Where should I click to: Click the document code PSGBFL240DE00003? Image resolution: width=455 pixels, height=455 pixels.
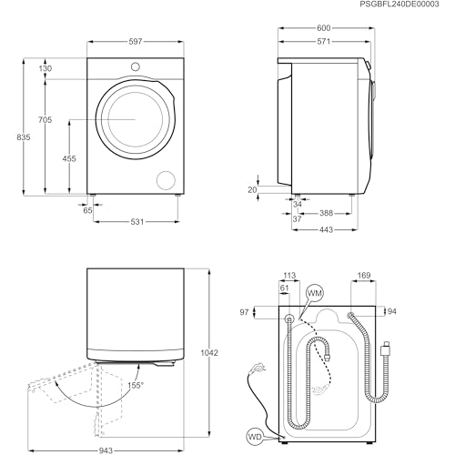399,5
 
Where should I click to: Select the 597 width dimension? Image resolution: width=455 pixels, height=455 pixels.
136,41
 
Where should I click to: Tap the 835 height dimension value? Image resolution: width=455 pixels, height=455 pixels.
24,137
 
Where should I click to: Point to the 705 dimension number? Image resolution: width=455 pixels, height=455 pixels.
45,120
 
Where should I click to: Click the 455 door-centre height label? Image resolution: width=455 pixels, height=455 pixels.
69,158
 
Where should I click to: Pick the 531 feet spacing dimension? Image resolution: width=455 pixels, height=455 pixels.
137,222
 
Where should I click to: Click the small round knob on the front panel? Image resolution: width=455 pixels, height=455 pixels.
136,66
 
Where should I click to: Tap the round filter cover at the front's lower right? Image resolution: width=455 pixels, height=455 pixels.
166,180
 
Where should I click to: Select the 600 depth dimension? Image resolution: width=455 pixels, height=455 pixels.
324,28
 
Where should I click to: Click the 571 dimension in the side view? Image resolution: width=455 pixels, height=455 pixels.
324,41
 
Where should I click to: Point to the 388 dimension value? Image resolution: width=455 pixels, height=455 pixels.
326,213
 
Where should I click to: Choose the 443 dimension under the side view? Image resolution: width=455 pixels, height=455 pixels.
326,230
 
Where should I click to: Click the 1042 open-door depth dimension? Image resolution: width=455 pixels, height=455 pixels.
209,353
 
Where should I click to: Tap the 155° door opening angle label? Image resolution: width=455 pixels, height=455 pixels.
136,385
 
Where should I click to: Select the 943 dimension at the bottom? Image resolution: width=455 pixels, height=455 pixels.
106,450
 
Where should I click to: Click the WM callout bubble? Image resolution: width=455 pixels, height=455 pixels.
315,293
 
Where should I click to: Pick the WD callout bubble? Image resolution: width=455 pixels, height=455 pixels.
255,437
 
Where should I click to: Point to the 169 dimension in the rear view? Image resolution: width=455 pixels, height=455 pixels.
364,276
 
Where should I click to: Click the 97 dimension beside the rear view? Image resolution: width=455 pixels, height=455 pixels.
244,312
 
